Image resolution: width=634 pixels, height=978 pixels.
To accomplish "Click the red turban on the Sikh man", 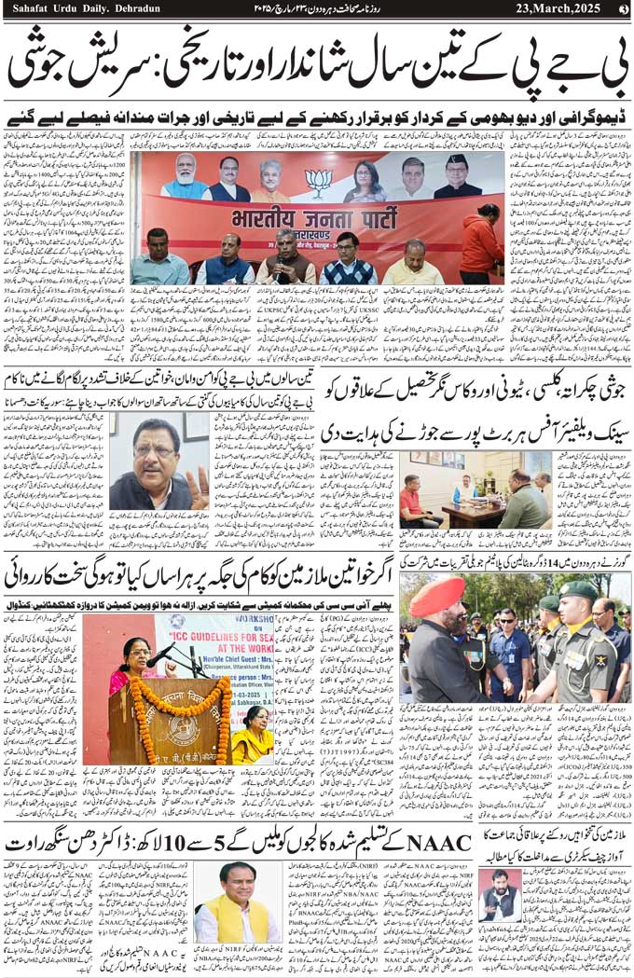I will pos(437,596).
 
